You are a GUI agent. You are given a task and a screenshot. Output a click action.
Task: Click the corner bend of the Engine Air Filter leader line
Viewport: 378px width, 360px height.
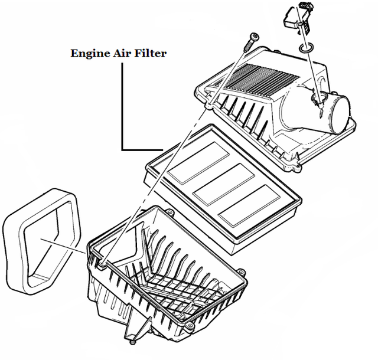pyautogui.click(x=123, y=149)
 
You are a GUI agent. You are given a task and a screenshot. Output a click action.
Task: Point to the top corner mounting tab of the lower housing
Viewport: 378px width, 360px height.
pyautogui.click(x=169, y=212)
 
